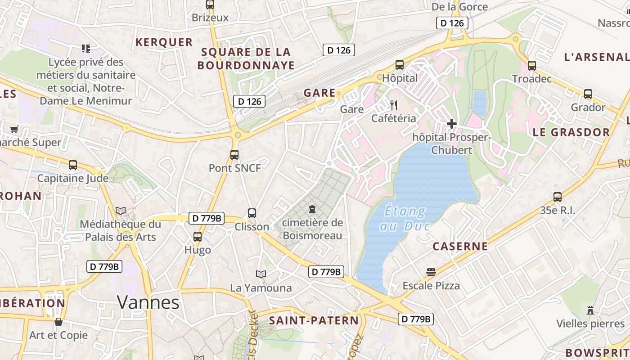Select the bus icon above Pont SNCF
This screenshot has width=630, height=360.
click(x=234, y=155)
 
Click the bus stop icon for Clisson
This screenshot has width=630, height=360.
click(x=252, y=213)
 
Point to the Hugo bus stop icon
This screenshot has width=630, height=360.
click(x=197, y=237)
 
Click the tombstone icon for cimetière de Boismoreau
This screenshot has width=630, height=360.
click(x=312, y=209)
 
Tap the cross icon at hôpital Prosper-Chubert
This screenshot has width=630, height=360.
click(x=452, y=124)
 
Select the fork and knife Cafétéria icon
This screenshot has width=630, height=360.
click(x=394, y=105)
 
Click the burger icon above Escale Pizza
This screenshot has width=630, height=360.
click(x=431, y=272)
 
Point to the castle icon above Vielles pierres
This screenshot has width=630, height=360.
click(x=590, y=310)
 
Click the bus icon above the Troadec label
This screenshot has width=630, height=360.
click(x=532, y=66)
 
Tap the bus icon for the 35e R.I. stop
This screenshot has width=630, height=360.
click(x=558, y=197)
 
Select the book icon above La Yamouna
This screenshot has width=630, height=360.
click(x=261, y=274)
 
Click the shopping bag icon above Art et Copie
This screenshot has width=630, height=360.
click(x=58, y=322)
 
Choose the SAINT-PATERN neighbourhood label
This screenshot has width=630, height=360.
click(x=314, y=320)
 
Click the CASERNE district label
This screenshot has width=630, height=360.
click(x=460, y=246)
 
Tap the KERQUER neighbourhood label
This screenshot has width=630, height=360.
click(x=164, y=42)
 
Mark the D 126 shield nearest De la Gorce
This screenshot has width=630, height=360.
click(x=452, y=23)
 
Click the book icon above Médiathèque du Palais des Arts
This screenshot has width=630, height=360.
click(x=120, y=211)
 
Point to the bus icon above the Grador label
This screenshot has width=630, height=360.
click(x=588, y=94)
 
